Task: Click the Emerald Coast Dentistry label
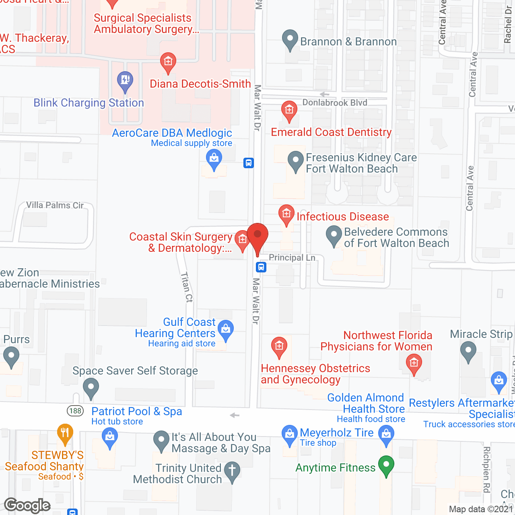(331, 132)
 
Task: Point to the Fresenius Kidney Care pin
(296, 161)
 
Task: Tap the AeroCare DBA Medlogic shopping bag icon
(214, 159)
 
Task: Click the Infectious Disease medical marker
(286, 214)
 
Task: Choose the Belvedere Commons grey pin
(334, 235)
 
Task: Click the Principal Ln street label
(292, 257)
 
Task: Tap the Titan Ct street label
(187, 287)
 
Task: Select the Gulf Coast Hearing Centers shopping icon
(226, 330)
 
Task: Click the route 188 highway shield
(75, 411)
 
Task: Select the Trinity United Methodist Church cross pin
(232, 471)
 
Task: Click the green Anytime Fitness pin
(386, 466)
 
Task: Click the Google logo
(27, 506)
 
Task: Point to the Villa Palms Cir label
(55, 205)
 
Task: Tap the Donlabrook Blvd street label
(335, 103)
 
